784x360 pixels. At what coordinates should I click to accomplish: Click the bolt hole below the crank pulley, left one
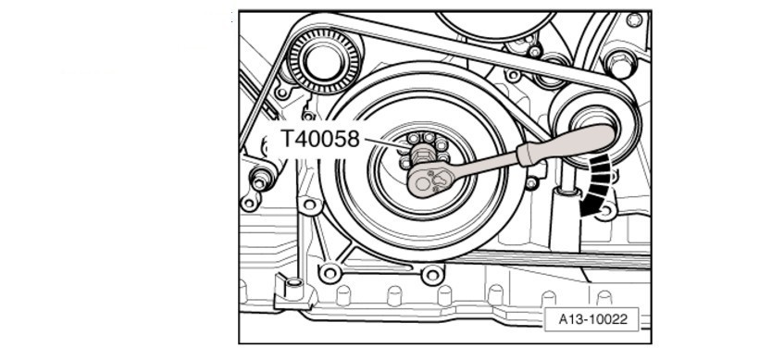(x=330, y=273)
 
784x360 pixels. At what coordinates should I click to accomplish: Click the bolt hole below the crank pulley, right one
(x=431, y=275)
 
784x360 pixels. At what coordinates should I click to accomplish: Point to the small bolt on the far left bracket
(x=261, y=179)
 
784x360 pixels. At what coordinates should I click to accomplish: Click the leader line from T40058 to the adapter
(x=388, y=143)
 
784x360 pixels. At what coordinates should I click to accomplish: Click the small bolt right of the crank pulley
(x=531, y=182)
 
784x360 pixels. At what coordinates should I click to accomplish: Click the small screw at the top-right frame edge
(x=635, y=20)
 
